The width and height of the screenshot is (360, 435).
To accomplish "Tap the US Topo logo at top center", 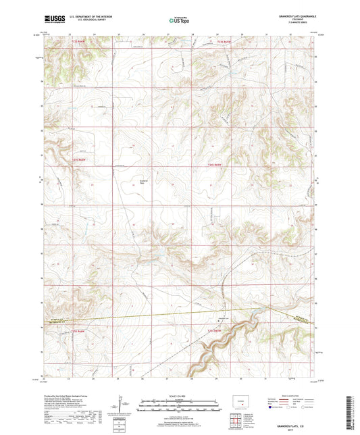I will [x=180, y=21].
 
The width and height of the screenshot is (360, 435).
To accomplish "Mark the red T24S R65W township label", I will [x=215, y=165].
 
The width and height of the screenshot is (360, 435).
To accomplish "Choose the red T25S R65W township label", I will [x=215, y=331].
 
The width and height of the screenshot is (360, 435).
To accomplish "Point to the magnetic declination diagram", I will [x=120, y=407].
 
